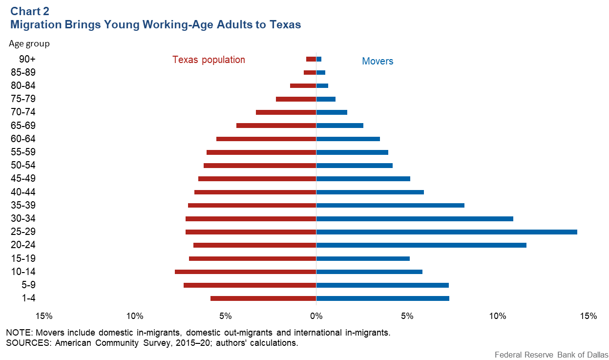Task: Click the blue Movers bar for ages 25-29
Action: click(x=446, y=232)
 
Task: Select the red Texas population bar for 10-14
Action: click(x=245, y=272)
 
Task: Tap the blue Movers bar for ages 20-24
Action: click(x=421, y=245)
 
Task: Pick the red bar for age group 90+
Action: click(x=311, y=59)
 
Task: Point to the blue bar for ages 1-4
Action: click(x=382, y=298)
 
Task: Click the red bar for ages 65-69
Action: click(x=276, y=126)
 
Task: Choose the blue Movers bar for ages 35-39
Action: click(x=390, y=205)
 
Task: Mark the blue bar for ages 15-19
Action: click(x=363, y=258)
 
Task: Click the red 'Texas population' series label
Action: click(x=209, y=60)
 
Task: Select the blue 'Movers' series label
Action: click(x=378, y=61)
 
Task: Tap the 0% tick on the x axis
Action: click(x=316, y=316)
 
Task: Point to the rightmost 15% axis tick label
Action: click(x=588, y=316)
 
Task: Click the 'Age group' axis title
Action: click(x=29, y=43)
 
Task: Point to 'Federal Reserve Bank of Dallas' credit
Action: click(x=550, y=355)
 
